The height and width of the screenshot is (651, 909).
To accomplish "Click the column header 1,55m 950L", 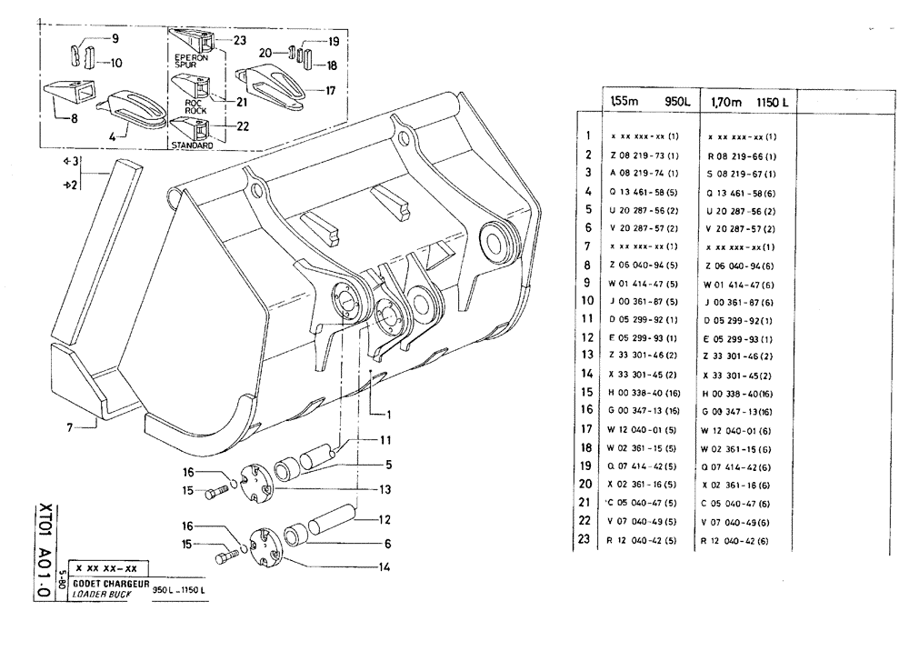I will [x=651, y=102].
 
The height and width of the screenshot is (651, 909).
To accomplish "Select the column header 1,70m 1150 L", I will [x=748, y=102].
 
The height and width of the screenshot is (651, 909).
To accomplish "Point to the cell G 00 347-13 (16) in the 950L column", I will [x=650, y=411].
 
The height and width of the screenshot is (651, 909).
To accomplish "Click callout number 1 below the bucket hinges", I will [x=388, y=414].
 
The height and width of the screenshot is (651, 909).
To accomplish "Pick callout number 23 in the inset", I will [x=239, y=40].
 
